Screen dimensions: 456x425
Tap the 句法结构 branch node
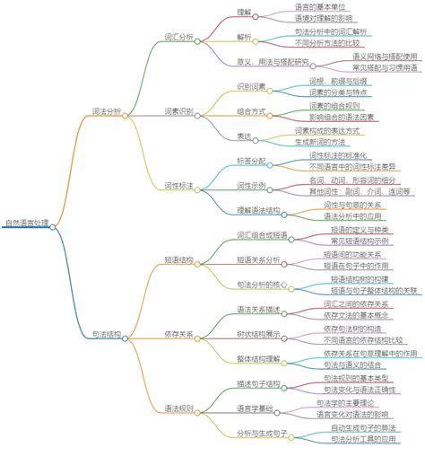[x=106, y=334]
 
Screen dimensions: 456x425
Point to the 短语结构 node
[x=178, y=259]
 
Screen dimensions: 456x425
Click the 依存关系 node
[x=178, y=334]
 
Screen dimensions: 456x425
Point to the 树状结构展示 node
[x=259, y=334]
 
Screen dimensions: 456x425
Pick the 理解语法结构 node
[x=258, y=210]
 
